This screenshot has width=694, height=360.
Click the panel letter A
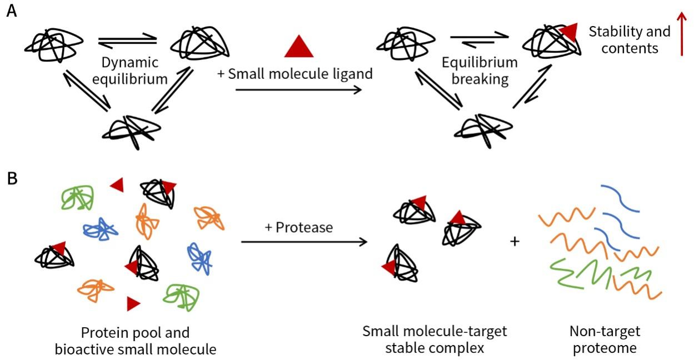[12, 11]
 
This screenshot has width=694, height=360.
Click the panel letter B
[12, 179]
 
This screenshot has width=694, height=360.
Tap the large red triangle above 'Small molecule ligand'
[299, 47]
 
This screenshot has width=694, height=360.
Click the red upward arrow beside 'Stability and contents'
[682, 34]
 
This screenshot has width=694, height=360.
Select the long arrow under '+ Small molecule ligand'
[299, 90]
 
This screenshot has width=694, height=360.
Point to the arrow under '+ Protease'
[304, 242]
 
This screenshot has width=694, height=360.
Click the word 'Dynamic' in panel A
[130, 63]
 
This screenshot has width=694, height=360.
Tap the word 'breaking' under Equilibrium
[480, 79]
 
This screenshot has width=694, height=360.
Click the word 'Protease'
[304, 227]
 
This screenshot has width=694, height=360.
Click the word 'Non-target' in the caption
[605, 331]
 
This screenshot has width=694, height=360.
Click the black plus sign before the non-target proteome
[515, 241]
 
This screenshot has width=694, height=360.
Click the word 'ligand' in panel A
[353, 74]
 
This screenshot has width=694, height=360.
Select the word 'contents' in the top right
[630, 49]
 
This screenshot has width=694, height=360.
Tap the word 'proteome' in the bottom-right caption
[605, 348]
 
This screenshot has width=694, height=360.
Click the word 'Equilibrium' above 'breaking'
[480, 63]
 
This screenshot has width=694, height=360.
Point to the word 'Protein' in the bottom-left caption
[101, 333]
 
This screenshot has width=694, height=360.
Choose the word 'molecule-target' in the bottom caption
[457, 332]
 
